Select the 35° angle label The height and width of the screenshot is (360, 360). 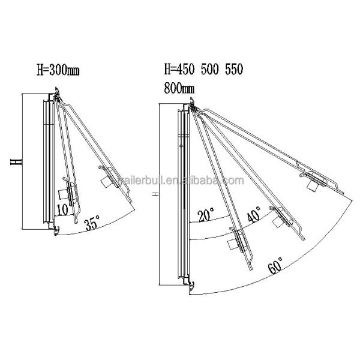pyautogui.click(x=92, y=224)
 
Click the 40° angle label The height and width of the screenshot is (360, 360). pyautogui.click(x=254, y=216)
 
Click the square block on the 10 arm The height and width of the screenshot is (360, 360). pyautogui.click(x=62, y=194)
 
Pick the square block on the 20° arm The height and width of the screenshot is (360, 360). pyautogui.click(x=233, y=244)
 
